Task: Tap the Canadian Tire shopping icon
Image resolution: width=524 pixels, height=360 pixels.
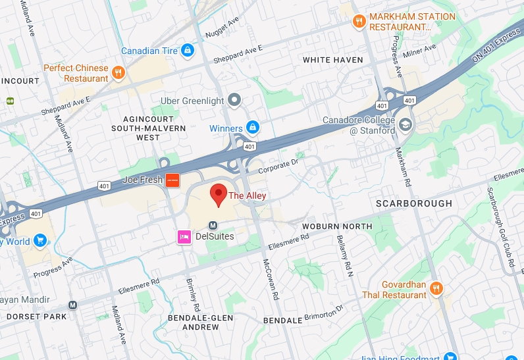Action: (x=188, y=50)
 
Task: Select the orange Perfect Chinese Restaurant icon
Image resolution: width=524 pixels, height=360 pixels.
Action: (x=118, y=72)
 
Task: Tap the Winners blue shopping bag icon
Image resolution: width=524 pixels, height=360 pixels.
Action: (x=252, y=127)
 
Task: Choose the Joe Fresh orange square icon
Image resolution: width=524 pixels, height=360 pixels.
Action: (x=172, y=180)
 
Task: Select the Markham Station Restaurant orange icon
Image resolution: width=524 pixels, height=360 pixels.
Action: (x=359, y=21)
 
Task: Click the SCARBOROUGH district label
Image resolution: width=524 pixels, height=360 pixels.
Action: (x=414, y=203)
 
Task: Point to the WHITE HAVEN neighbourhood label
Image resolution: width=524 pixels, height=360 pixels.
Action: (x=332, y=60)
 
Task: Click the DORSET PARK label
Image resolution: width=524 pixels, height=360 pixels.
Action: (x=37, y=317)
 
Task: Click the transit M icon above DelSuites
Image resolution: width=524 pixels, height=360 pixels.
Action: (x=213, y=225)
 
